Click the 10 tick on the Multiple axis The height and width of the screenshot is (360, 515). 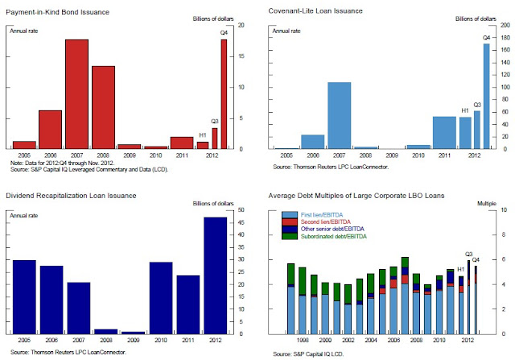(x=505, y=209)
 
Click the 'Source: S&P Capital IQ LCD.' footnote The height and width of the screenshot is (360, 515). (x=306, y=354)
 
